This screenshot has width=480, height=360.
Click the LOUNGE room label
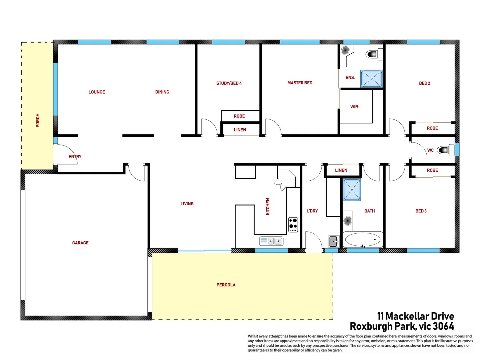[97, 92]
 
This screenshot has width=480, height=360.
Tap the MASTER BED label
[300, 83]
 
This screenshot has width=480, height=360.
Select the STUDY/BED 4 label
[229, 83]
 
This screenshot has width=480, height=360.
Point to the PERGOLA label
[226, 285]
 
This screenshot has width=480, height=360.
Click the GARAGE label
[80, 243]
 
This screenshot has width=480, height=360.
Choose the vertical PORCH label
[38, 120]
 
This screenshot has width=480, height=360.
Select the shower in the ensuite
[371, 79]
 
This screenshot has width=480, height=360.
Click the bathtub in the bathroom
[363, 239]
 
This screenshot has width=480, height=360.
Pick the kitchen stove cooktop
[293, 224]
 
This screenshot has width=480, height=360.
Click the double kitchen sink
[271, 241]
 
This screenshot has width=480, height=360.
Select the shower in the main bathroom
[352, 190]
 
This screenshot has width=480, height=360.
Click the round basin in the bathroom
[348, 220]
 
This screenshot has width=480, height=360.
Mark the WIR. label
[354, 107]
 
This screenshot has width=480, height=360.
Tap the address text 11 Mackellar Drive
[415, 316]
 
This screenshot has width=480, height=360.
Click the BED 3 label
[421, 211]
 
